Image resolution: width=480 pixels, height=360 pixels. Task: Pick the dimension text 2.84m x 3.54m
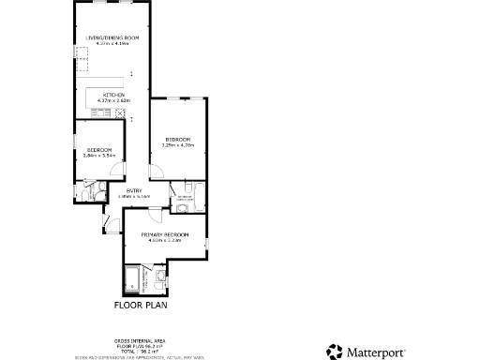99,156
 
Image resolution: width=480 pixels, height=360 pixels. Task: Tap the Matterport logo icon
335,352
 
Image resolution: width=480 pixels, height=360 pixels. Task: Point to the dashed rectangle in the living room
82,63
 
